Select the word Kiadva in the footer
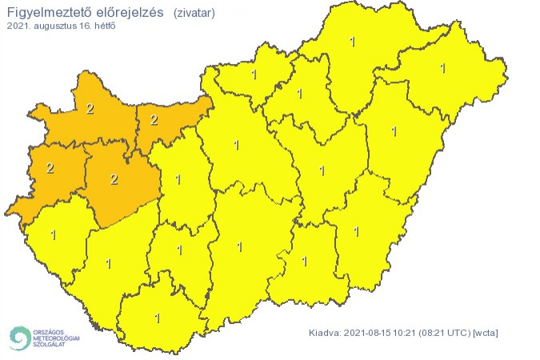[x=324, y=332]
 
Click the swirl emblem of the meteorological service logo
[x=19, y=338]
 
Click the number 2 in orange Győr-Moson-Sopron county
[x=90, y=110]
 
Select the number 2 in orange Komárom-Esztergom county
[x=154, y=121]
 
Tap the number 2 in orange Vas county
[x=50, y=168]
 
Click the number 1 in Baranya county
[x=157, y=318]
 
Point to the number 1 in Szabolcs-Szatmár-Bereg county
[x=442, y=68]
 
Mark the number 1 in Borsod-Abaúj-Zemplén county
[x=353, y=40]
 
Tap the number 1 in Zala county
[x=54, y=235]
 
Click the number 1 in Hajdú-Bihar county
[x=393, y=130]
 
